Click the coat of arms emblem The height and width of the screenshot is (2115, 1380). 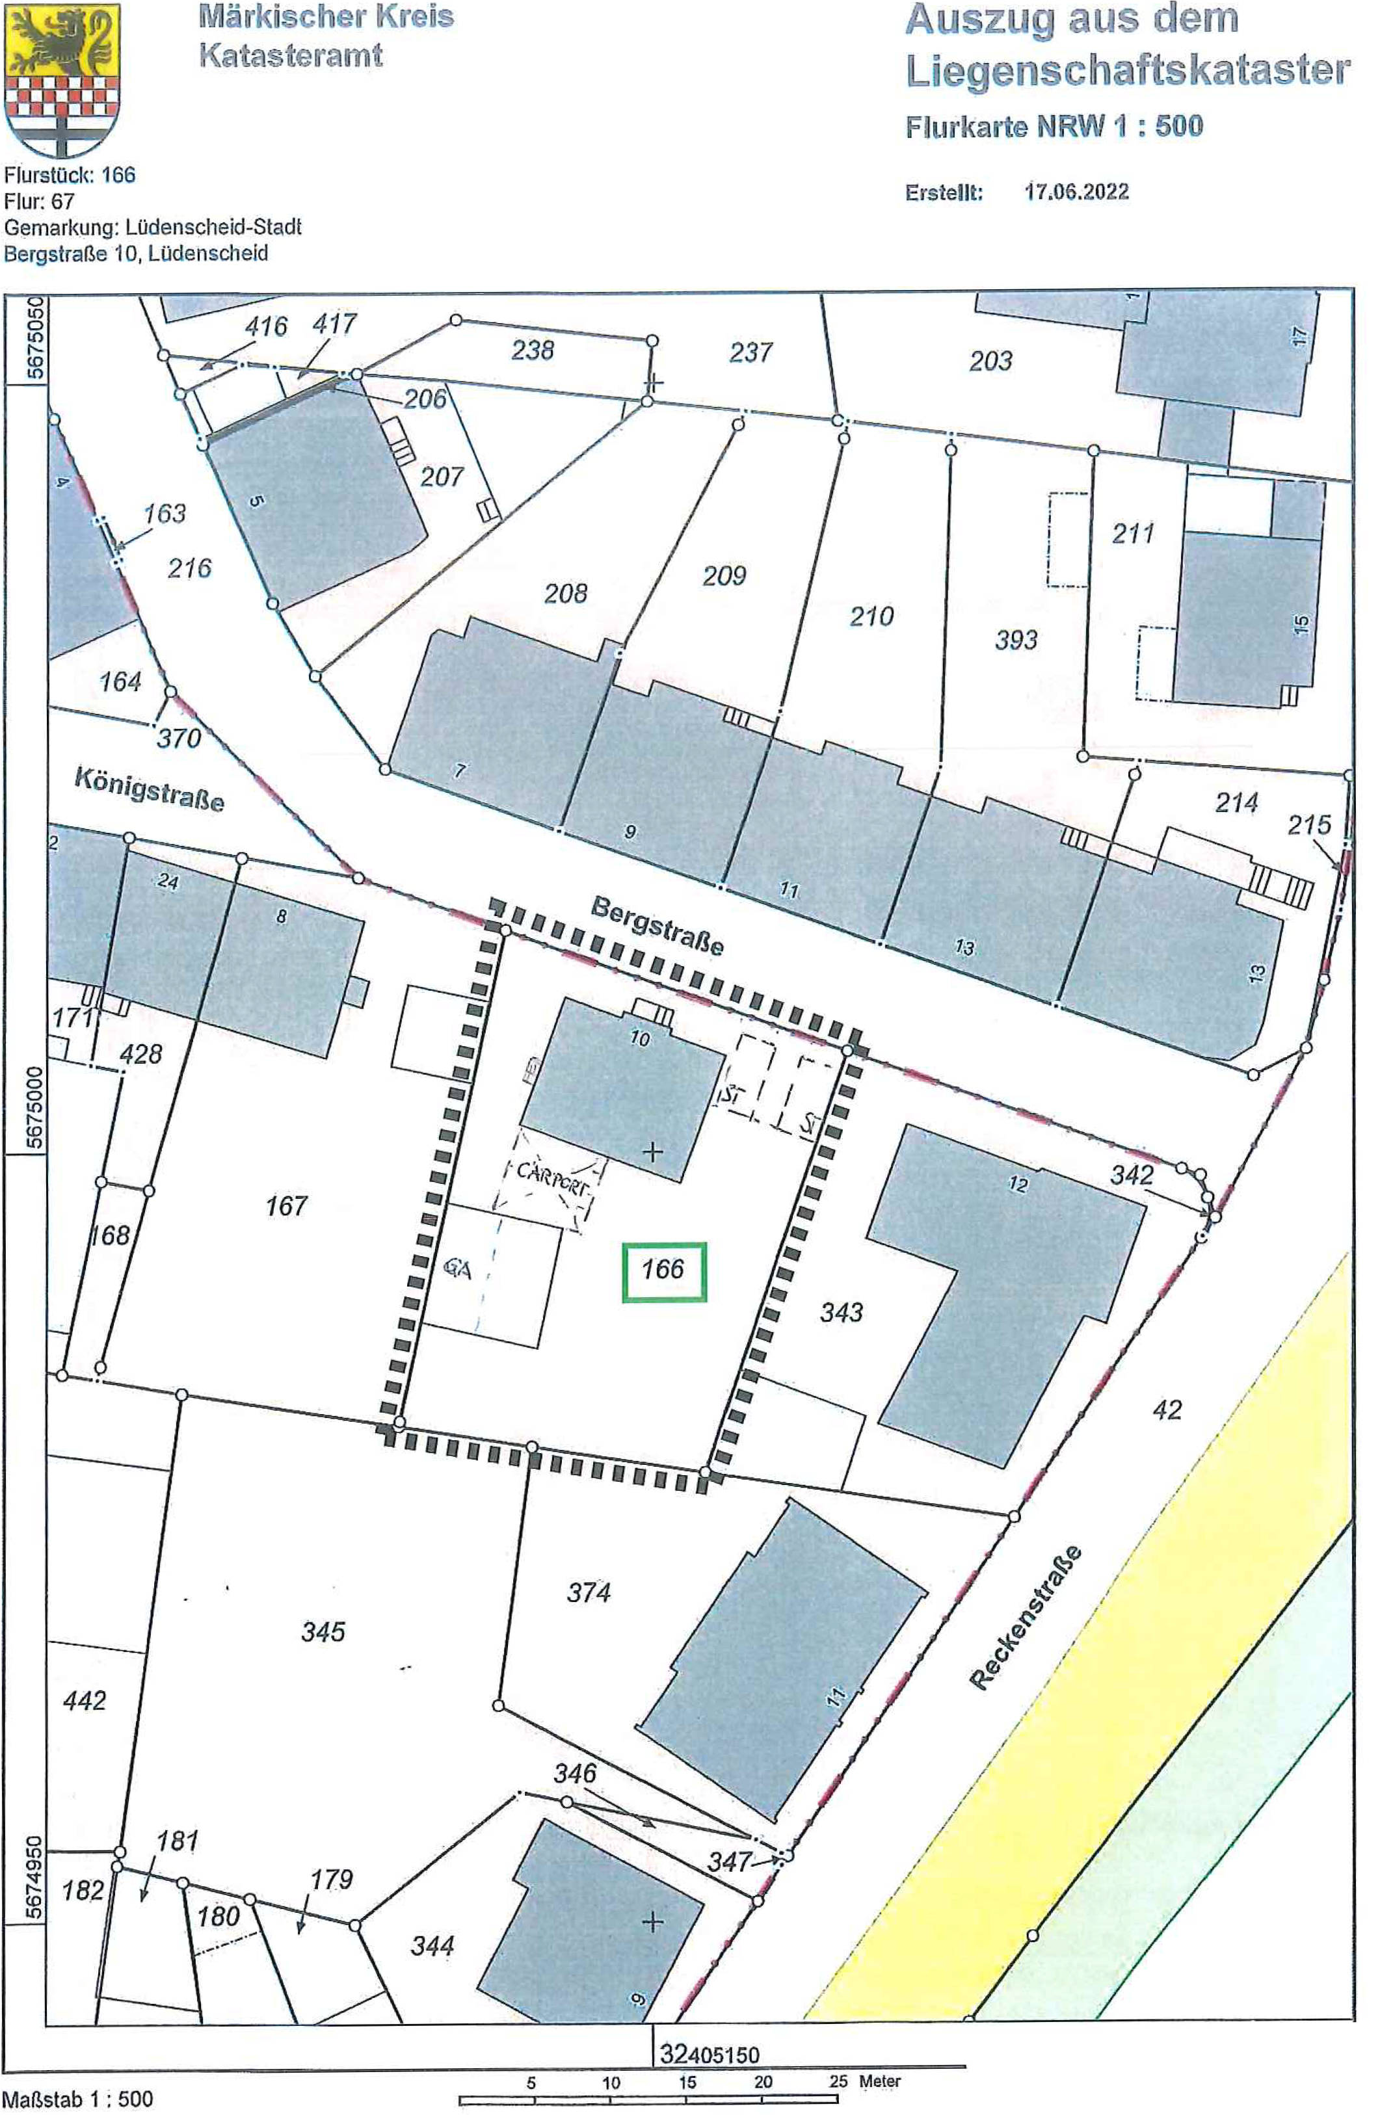click(x=62, y=80)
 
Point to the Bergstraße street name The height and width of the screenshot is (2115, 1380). click(x=657, y=926)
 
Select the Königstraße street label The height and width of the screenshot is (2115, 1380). click(x=148, y=788)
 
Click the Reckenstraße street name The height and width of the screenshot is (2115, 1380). click(x=1026, y=1618)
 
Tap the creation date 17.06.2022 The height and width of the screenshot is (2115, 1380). click(x=1076, y=192)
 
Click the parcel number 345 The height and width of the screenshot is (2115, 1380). click(x=323, y=1631)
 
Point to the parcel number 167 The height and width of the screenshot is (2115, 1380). click(x=286, y=1206)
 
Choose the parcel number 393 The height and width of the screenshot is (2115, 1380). click(x=1016, y=640)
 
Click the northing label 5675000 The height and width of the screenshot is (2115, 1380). click(x=34, y=1107)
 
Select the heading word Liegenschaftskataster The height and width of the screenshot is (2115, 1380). click(x=1128, y=70)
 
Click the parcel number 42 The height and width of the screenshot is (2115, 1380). click(x=1167, y=1410)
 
